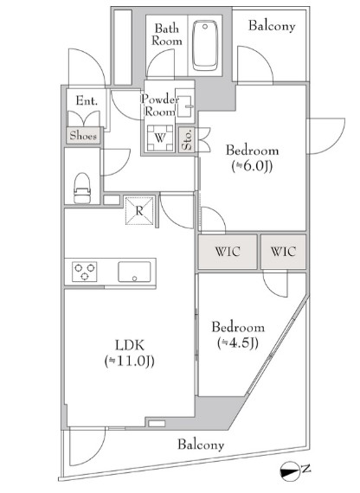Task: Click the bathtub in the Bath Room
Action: (205, 46)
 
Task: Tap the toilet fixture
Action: (82, 188)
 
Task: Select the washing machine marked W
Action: (160, 138)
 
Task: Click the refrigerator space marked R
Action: (139, 211)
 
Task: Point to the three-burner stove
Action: (85, 272)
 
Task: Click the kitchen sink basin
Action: (134, 272)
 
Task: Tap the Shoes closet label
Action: (83, 136)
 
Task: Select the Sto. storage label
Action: (187, 139)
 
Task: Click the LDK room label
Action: (130, 345)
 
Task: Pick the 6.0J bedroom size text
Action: (252, 166)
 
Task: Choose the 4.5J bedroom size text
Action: (238, 343)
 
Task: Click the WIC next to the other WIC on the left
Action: (228, 252)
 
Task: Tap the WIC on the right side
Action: (283, 252)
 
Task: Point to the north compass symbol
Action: (289, 471)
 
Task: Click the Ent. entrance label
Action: (87, 100)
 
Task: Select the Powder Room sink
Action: (184, 106)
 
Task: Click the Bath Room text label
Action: (167, 35)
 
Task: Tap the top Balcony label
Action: (272, 26)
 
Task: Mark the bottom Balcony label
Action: (201, 445)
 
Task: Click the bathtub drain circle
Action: (205, 27)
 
